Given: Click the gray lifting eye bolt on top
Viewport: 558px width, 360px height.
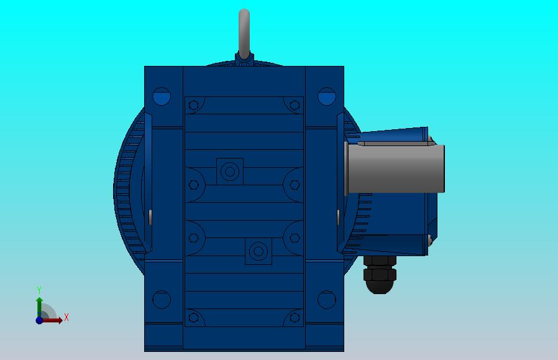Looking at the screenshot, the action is [244, 34].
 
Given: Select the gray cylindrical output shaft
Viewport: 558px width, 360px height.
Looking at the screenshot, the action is [395, 168].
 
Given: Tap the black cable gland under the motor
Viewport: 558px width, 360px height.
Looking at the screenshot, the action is [380, 274].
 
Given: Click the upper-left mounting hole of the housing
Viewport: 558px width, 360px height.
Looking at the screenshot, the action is [162, 96].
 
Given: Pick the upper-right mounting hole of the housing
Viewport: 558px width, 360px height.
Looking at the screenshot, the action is [327, 96].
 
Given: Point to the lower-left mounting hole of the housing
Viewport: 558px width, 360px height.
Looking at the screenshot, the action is [162, 300].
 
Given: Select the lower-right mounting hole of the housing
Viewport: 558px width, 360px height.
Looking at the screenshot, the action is [327, 300].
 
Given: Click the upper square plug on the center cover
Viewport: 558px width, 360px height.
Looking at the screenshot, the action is [230, 172].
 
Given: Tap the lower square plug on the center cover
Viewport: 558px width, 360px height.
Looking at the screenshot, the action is [258, 251].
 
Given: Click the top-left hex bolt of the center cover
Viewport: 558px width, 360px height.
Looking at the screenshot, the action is [194, 105].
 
